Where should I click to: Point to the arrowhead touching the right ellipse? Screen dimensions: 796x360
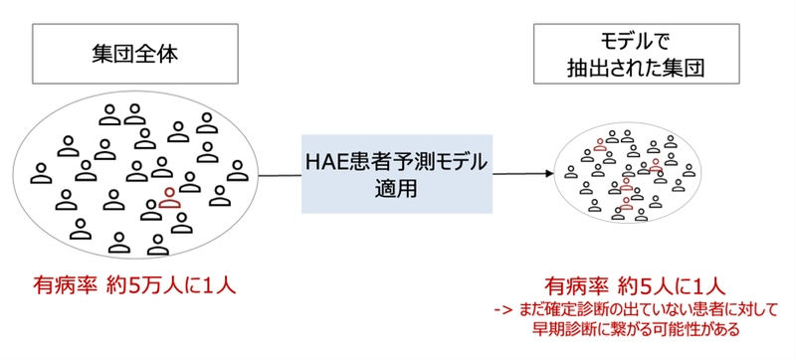tap(548, 173)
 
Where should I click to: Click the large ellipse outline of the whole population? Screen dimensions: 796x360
tap(21, 174)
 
